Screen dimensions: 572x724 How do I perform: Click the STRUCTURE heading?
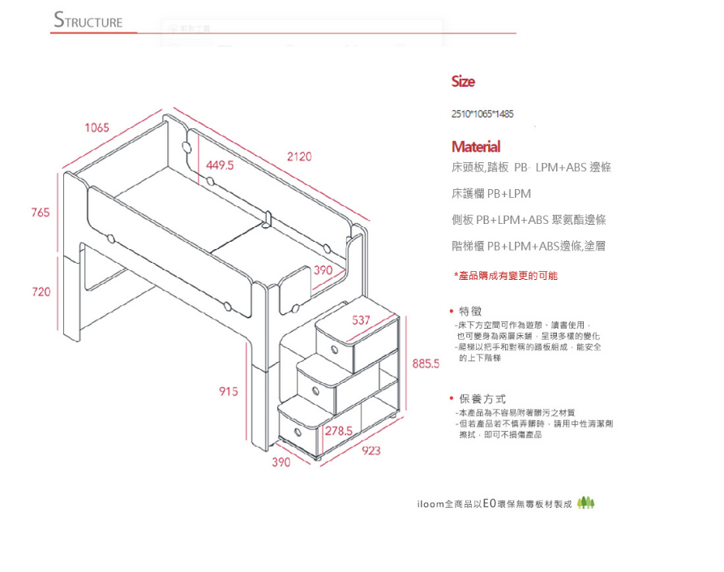point(88,21)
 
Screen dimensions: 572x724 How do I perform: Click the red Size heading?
point(463,82)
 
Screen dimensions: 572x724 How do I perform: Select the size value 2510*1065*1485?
point(482,114)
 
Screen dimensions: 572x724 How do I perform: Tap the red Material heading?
point(475,147)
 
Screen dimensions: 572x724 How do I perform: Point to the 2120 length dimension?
point(298,156)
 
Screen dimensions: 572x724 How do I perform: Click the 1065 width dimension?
point(96,127)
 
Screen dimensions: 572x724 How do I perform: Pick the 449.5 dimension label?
point(220,165)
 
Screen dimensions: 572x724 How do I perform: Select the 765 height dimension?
point(40,212)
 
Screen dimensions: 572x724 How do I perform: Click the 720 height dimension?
point(41,291)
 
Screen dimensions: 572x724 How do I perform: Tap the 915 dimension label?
point(229,391)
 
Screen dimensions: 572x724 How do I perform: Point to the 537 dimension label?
point(361,320)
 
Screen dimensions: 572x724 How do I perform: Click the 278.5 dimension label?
point(338,429)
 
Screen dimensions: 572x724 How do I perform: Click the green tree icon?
point(586,503)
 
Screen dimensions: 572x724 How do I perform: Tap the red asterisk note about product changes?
point(505,276)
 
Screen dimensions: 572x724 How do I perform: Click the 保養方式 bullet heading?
point(481,398)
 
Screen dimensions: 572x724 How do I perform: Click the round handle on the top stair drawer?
point(333,350)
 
